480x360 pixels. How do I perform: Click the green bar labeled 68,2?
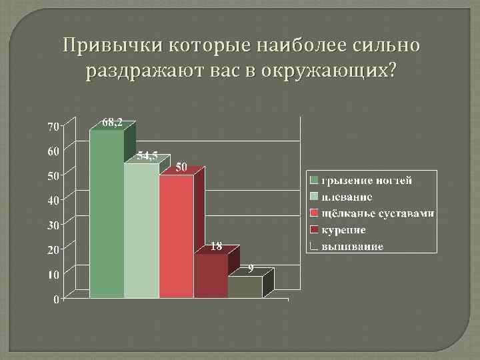(x=107, y=213)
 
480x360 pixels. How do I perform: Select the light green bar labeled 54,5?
(x=141, y=230)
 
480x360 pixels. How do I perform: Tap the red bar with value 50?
(x=176, y=236)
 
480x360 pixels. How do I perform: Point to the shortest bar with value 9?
(x=245, y=287)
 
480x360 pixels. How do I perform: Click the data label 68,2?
(x=111, y=122)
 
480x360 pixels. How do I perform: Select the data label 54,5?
(x=147, y=156)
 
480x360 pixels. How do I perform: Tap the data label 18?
(x=216, y=246)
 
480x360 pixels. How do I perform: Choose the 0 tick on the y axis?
(x=56, y=299)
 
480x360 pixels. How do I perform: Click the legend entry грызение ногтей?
(x=367, y=180)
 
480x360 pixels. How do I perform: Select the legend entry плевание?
(x=347, y=197)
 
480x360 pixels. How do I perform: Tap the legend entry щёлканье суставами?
(x=377, y=213)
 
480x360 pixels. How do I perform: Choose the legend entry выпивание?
(x=352, y=247)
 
